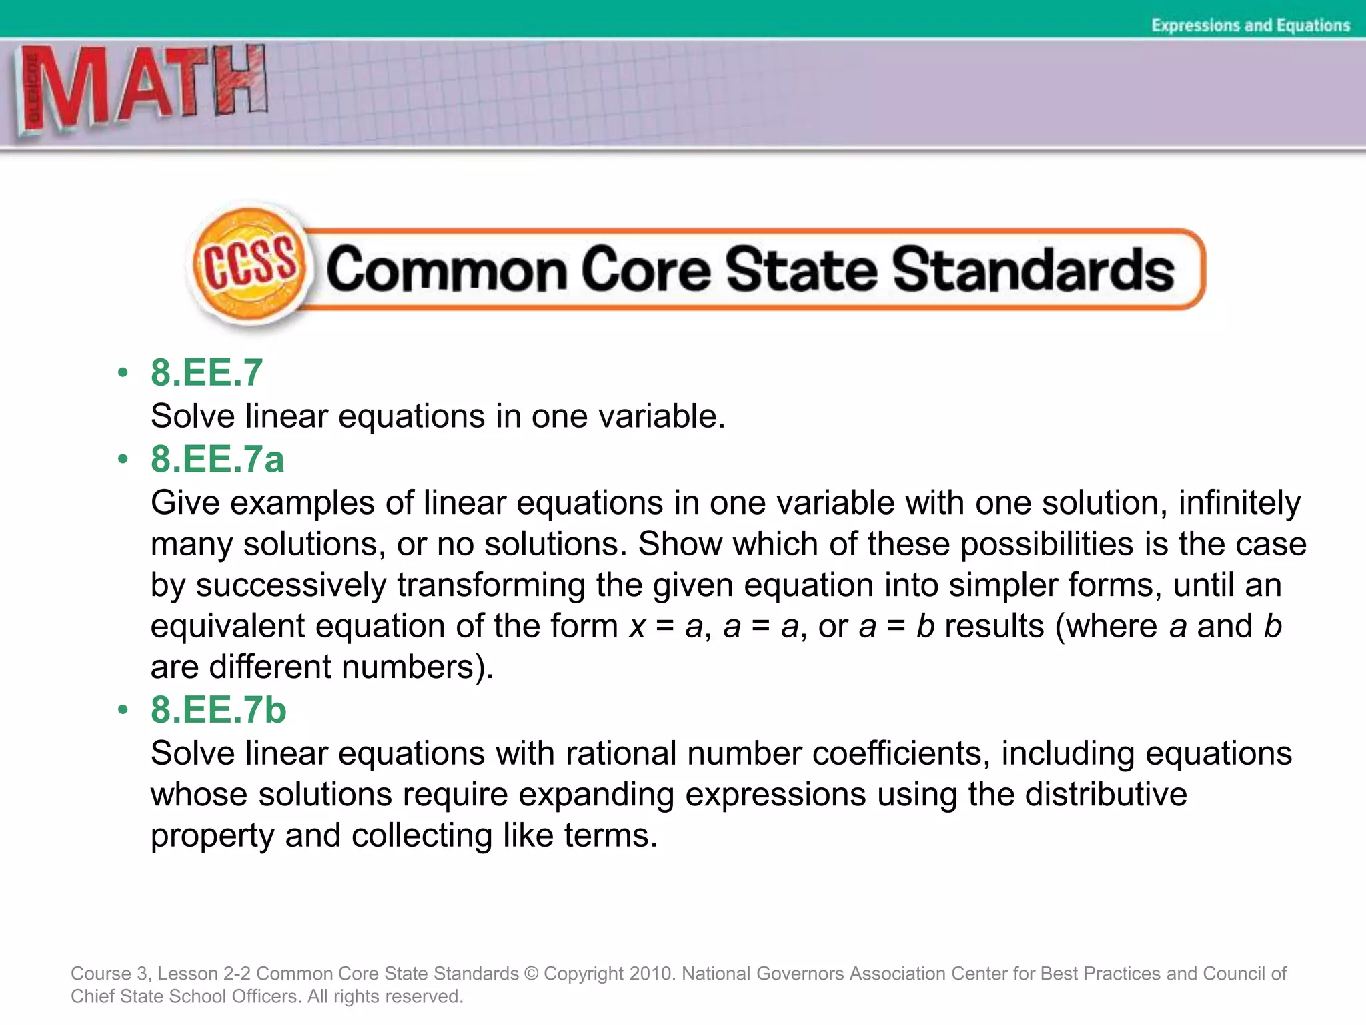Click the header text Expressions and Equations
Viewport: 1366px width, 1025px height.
point(1250,25)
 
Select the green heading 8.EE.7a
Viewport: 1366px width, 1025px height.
point(217,459)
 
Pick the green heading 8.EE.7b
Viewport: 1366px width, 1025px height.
point(218,709)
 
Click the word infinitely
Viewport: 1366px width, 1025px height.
point(1239,502)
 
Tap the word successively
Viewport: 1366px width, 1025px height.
point(291,585)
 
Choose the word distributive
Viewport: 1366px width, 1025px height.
point(1106,795)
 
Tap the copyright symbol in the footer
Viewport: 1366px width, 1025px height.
point(531,974)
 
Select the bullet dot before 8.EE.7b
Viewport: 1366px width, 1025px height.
point(122,709)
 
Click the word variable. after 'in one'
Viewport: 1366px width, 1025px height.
point(662,416)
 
